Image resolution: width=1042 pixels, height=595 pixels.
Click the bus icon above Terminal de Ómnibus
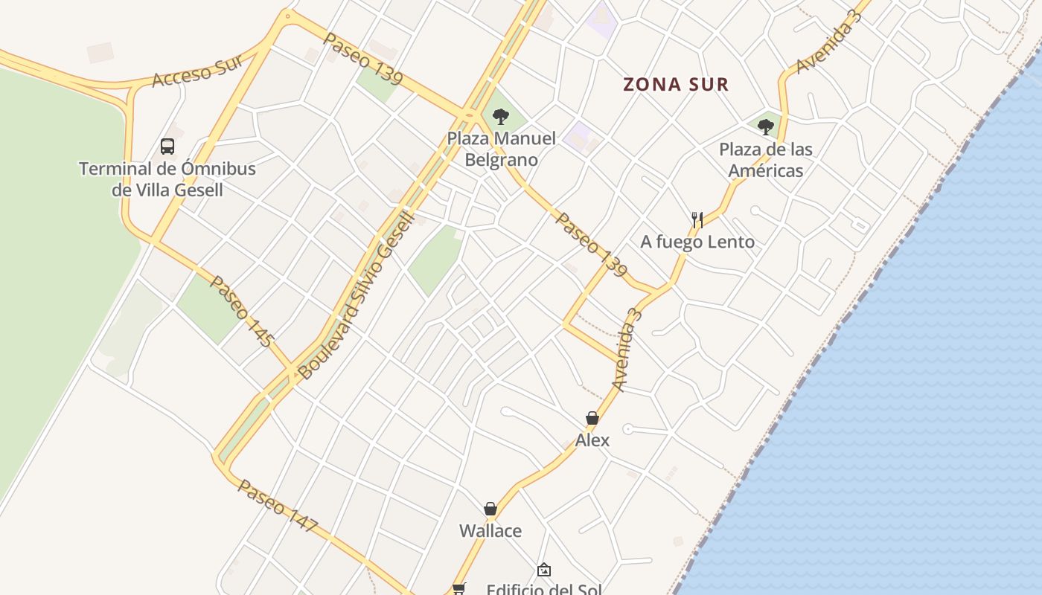167,147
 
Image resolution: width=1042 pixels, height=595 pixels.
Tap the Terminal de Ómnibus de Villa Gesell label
167,179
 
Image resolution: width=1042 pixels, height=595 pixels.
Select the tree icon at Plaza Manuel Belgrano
501,116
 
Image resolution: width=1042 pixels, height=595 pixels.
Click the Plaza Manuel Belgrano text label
501,149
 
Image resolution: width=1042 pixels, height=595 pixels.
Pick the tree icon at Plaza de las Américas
765,127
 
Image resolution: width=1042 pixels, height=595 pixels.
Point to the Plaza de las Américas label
765,160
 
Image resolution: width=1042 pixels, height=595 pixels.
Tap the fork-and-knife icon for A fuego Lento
697,219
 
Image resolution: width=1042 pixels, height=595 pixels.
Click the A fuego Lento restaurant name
697,242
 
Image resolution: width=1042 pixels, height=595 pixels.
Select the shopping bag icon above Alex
592,418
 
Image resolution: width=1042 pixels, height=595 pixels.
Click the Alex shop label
592,440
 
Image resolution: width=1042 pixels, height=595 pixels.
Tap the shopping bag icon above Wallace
490,509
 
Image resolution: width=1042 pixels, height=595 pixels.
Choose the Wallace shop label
490,531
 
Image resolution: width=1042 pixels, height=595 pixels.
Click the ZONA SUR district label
676,85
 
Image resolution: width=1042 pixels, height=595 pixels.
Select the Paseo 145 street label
242,311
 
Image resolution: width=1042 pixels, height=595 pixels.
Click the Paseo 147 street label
278,506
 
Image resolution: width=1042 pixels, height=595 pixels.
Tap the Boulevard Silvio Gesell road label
356,295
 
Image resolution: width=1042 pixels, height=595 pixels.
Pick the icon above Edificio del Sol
544,570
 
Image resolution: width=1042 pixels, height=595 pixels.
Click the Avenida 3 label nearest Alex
627,349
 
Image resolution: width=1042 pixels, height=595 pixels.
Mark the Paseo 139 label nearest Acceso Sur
363,58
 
